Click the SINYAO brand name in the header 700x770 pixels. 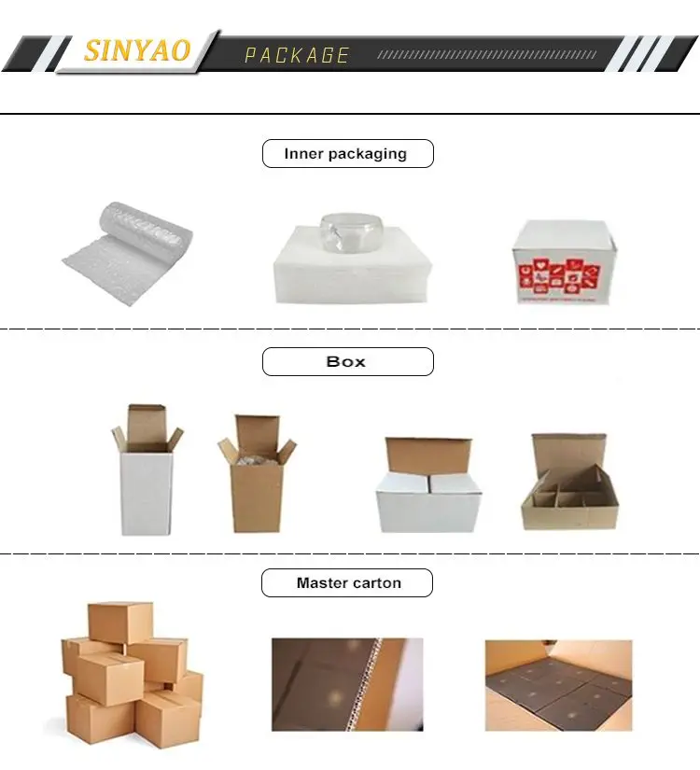(x=137, y=50)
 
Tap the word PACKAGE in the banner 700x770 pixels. (x=297, y=55)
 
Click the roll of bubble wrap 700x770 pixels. (x=128, y=253)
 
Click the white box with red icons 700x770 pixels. (x=563, y=262)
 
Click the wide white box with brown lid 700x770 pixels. (x=427, y=484)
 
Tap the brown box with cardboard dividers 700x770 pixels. (x=569, y=482)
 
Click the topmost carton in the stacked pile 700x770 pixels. (x=120, y=623)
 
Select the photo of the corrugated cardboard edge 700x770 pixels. (x=347, y=684)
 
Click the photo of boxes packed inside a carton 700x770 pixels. (x=558, y=686)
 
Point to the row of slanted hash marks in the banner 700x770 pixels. (x=487, y=54)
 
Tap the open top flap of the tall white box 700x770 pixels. (x=146, y=422)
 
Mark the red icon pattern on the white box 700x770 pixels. (x=560, y=277)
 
